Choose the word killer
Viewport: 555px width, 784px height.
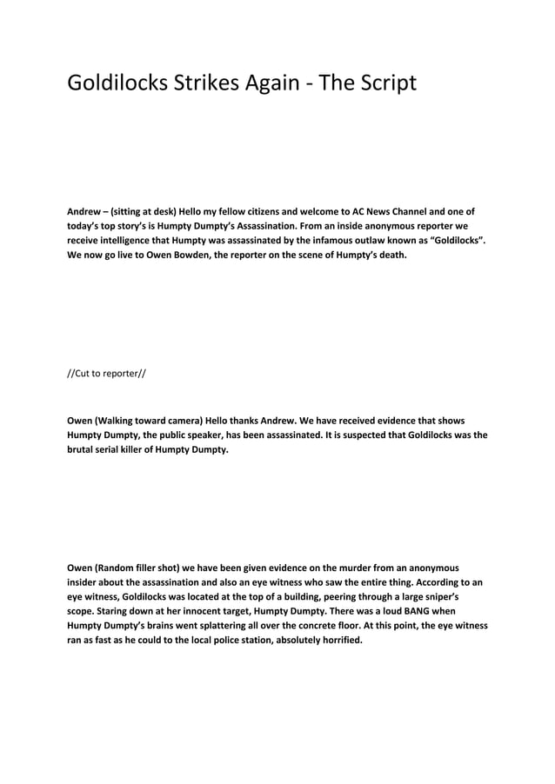coord(141,451)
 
